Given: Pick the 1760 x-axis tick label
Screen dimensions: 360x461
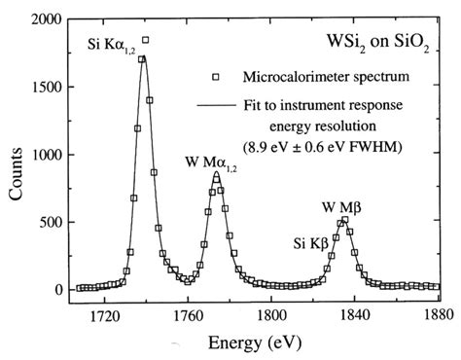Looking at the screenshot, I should (x=187, y=313).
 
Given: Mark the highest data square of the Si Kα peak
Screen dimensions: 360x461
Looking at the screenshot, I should (x=146, y=41).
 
